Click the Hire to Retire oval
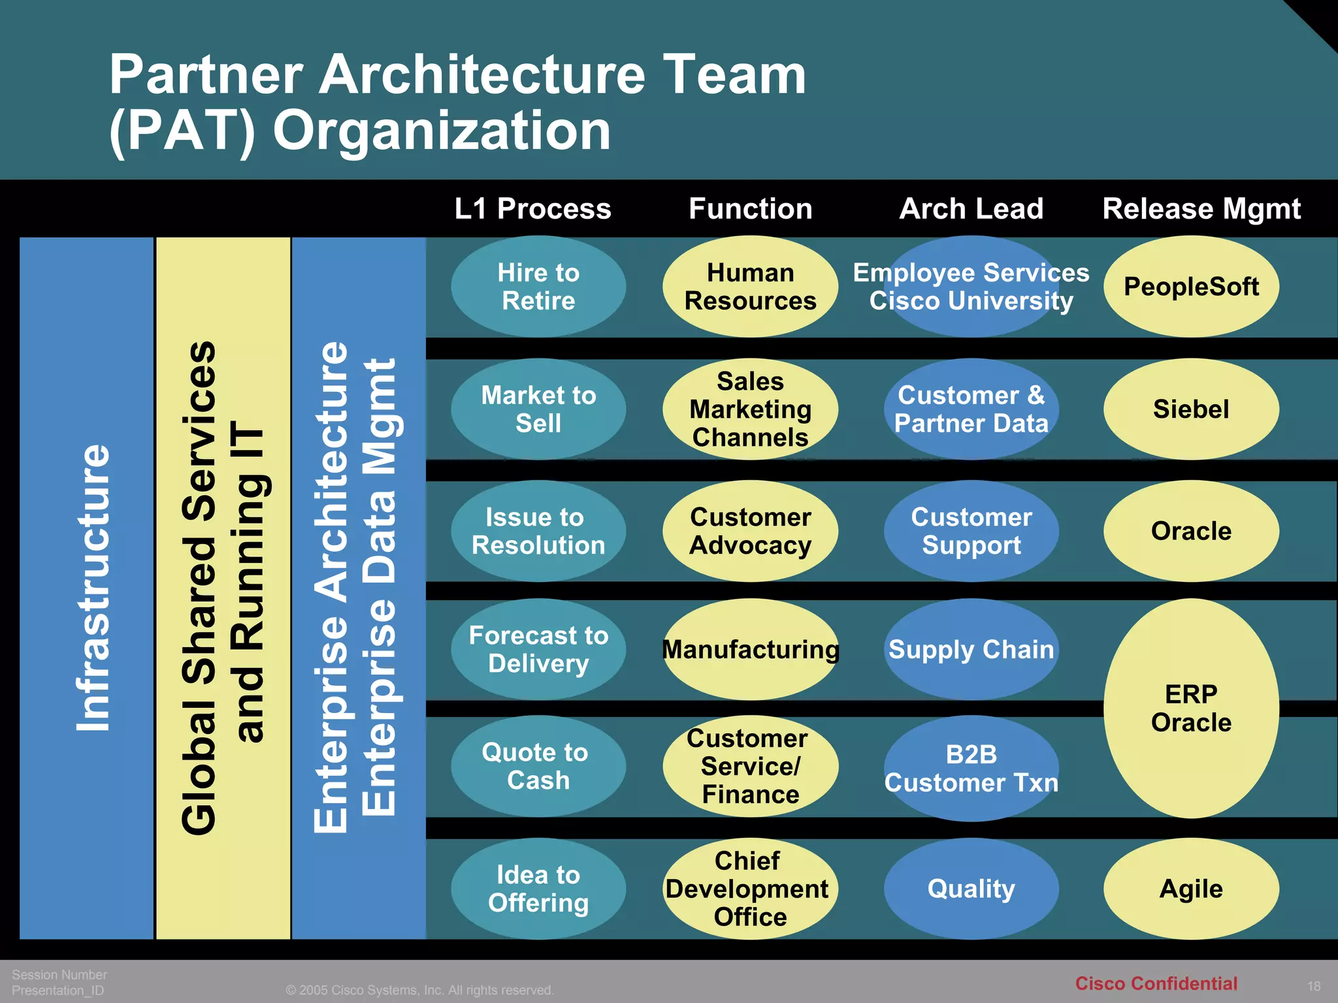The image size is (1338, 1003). [x=538, y=287]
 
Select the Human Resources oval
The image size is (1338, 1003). [x=750, y=287]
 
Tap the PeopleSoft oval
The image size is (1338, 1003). [x=1191, y=287]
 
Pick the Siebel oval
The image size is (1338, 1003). [x=1191, y=409]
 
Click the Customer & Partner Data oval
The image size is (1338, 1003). [x=971, y=409]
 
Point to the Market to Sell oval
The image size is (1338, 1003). [x=538, y=409]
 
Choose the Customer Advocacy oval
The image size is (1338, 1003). [x=750, y=531]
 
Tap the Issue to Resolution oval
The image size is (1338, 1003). [x=538, y=531]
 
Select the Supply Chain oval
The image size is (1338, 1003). [x=971, y=650]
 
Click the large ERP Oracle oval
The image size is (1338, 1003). [x=1191, y=708]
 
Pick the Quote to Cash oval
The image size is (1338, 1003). [x=538, y=766]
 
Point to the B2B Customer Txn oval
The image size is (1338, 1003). [x=971, y=769]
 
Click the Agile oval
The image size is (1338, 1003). [x=1191, y=889]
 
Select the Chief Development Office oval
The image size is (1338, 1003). [x=750, y=889]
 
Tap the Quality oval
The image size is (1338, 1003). [x=971, y=889]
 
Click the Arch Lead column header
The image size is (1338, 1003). [x=971, y=209]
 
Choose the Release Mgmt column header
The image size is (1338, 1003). [x=1201, y=209]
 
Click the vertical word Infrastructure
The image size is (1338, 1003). [x=92, y=588]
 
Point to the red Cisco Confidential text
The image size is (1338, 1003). [x=1156, y=983]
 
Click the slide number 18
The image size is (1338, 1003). [x=1314, y=986]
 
